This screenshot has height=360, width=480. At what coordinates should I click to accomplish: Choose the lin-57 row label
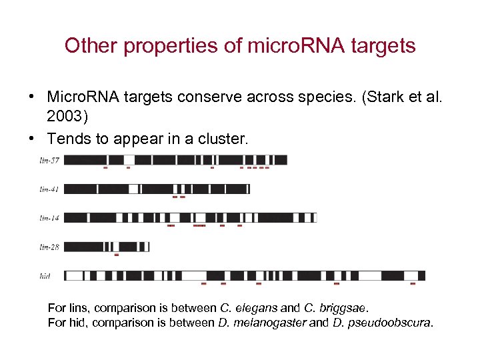[x=49, y=160]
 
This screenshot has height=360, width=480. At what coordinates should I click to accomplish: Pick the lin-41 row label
[x=49, y=189]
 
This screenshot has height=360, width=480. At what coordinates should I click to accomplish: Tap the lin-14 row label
[x=49, y=218]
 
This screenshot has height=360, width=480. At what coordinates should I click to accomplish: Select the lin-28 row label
[x=49, y=247]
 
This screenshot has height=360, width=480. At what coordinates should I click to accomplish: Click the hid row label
[x=46, y=275]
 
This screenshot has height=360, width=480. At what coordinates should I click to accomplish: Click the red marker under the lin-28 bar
[x=117, y=255]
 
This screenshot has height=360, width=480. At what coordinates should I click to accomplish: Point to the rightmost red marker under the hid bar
[x=413, y=283]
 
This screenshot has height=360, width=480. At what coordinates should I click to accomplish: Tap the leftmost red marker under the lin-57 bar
[x=105, y=168]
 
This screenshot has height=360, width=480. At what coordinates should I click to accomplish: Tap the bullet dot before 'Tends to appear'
[x=31, y=139]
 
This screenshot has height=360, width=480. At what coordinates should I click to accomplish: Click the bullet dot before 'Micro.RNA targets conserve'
[x=31, y=98]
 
